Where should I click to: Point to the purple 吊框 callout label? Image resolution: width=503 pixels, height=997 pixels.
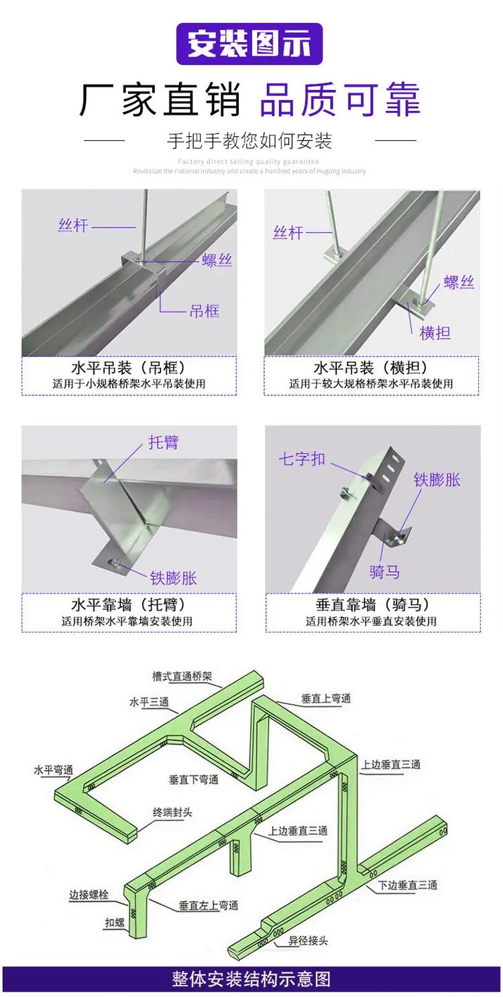pos(205,311)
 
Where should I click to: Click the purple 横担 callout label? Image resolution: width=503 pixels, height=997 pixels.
pos(435,332)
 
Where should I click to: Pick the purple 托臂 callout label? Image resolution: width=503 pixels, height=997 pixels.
pos(163,442)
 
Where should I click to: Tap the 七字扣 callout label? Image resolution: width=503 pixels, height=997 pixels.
pos(302,459)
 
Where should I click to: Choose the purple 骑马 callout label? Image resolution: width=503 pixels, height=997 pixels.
pos(385,571)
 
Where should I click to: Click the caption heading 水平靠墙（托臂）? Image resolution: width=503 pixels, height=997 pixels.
pos(128,604)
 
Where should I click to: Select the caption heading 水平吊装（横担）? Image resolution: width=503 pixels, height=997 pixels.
pos(370,368)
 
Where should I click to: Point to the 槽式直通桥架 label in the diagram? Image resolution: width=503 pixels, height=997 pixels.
pos(182,677)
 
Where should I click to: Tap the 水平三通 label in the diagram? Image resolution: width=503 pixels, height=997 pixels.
pos(149,702)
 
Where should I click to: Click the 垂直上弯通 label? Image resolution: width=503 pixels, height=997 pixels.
pos(326,698)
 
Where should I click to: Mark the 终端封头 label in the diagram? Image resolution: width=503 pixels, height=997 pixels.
pos(172,812)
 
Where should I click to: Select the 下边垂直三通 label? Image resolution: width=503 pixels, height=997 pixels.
pos(407,885)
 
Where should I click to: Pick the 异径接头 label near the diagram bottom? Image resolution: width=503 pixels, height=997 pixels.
pos(308,941)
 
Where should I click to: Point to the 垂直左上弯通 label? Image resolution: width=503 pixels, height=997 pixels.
pos(209,905)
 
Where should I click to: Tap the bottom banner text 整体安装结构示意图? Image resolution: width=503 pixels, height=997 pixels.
pos(251,979)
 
